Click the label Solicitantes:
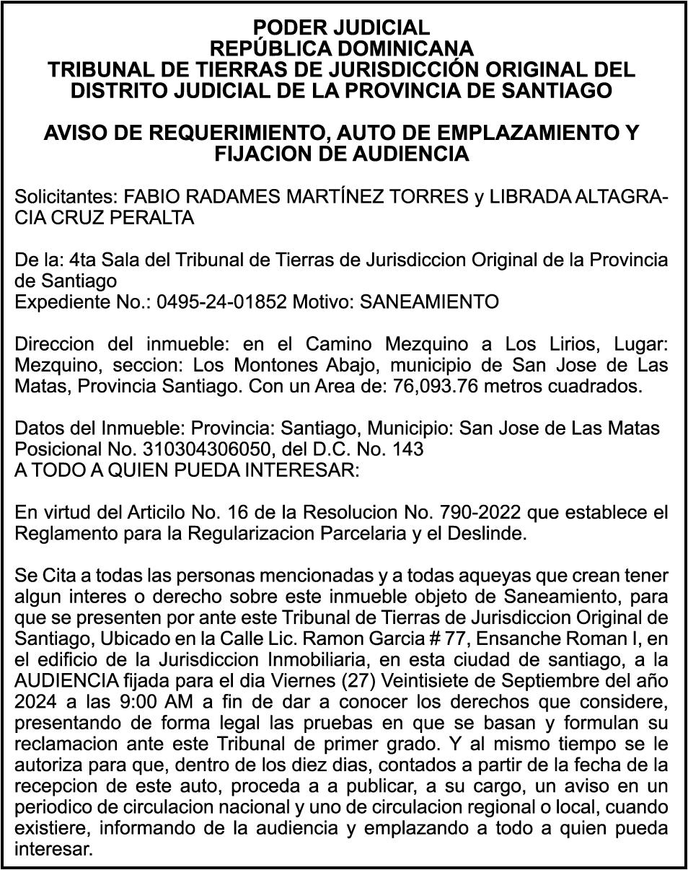(x=67, y=198)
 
